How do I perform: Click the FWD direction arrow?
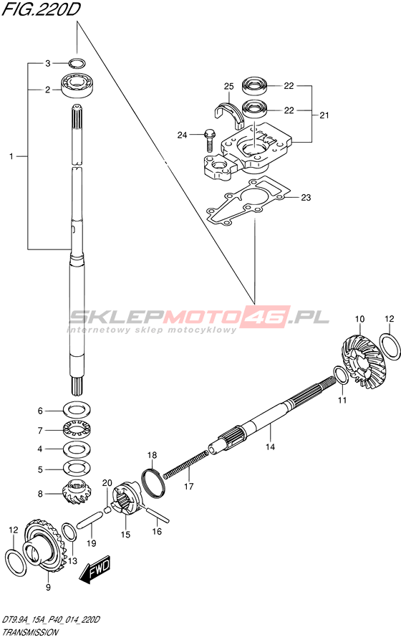tap(95, 568)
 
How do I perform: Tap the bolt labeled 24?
tap(209, 139)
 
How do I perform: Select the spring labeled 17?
tap(186, 465)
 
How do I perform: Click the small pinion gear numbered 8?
tap(77, 494)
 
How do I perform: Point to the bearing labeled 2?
tap(77, 85)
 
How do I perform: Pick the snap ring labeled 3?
tap(77, 63)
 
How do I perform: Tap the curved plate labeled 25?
tap(229, 110)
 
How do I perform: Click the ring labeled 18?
tap(153, 484)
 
